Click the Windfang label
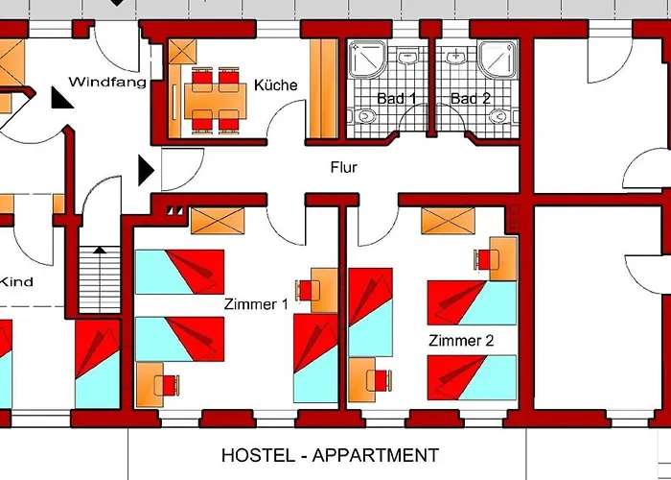107,82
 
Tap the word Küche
276,84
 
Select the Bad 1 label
396,99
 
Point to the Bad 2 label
471,99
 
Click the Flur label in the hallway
343,167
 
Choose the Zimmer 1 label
256,304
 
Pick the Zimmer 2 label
461,341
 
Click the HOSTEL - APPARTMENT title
331,455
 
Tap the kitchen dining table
216,101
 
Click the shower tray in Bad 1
367,60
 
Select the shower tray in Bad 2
497,60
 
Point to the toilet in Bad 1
362,116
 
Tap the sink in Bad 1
407,56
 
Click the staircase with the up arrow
100,279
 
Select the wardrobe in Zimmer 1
218,221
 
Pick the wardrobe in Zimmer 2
448,221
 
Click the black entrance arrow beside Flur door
146,170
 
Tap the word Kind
16,281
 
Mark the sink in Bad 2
457,56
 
